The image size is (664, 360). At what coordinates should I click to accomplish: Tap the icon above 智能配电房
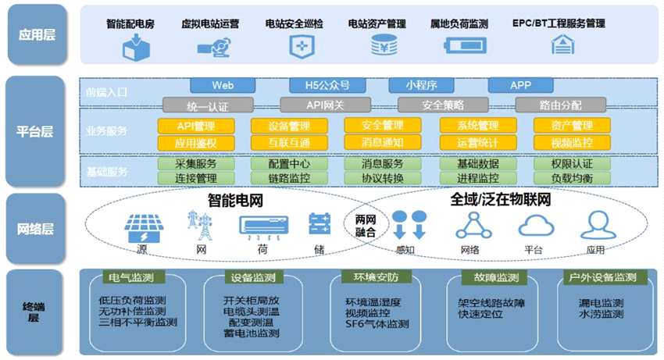pyautogui.click(x=130, y=47)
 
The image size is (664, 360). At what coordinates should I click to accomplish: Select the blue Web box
pyautogui.click(x=223, y=85)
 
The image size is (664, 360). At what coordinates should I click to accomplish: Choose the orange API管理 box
pyautogui.click(x=195, y=126)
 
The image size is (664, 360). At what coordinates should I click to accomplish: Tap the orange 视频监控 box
pyautogui.click(x=572, y=143)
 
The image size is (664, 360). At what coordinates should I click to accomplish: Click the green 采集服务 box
pyautogui.click(x=195, y=165)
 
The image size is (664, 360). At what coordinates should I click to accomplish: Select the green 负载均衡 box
pyautogui.click(x=572, y=178)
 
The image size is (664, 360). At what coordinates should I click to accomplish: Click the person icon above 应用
pyautogui.click(x=596, y=226)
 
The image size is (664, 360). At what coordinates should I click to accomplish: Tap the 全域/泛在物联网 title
pyautogui.click(x=501, y=200)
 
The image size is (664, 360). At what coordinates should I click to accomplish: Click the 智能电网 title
pyautogui.click(x=235, y=200)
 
